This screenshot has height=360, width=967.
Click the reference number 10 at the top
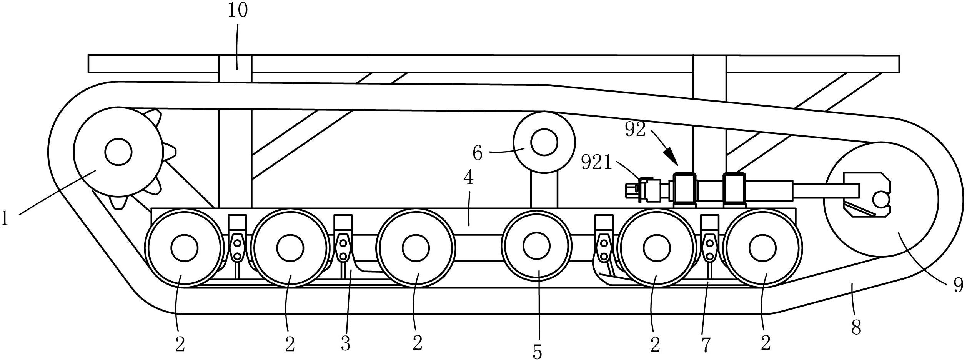(x=238, y=11)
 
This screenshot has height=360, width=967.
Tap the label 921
(x=596, y=163)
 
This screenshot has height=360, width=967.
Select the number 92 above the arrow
(x=636, y=130)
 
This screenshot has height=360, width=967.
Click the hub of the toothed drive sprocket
(x=118, y=152)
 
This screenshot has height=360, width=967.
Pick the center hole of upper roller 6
(x=544, y=142)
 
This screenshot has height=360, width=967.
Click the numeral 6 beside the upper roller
(x=478, y=153)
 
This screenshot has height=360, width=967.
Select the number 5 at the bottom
(x=537, y=352)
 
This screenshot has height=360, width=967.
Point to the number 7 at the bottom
(x=706, y=345)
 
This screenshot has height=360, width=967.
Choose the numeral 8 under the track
(x=856, y=328)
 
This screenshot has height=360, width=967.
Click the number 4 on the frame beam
(x=468, y=178)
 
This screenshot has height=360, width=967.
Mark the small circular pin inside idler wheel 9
(x=883, y=200)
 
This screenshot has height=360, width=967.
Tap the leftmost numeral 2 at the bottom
(x=180, y=344)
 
